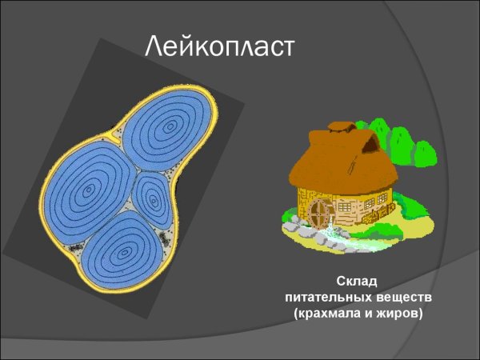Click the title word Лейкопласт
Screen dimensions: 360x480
[220, 47]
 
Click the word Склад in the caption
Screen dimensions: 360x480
[356, 281]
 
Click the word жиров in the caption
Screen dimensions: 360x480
[398, 313]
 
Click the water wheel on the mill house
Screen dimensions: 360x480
[320, 214]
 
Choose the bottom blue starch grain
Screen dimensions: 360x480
[124, 252]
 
